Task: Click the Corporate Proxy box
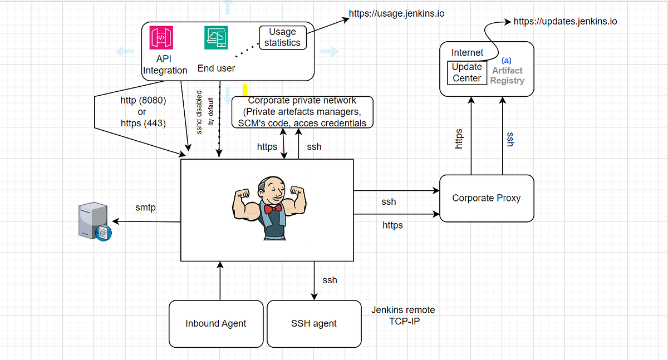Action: coord(487,198)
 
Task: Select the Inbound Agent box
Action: coord(216,323)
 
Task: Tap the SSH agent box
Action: coord(314,323)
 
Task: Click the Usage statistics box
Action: coord(282,37)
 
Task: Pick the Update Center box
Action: coord(466,73)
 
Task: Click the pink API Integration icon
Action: coord(161,38)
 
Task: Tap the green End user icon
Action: coord(215,38)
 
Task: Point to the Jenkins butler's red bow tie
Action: coord(272,209)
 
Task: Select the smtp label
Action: coord(145,208)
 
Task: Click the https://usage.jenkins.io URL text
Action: coord(396,13)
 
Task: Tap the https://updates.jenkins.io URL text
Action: coord(565,22)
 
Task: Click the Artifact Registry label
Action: coord(507,75)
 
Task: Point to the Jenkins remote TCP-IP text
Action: coord(403,315)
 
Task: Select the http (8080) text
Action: coord(143,101)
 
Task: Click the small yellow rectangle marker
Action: coord(245,90)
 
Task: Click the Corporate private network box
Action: coord(302,112)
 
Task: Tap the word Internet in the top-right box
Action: coord(467,52)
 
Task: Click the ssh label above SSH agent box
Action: coord(330,280)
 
